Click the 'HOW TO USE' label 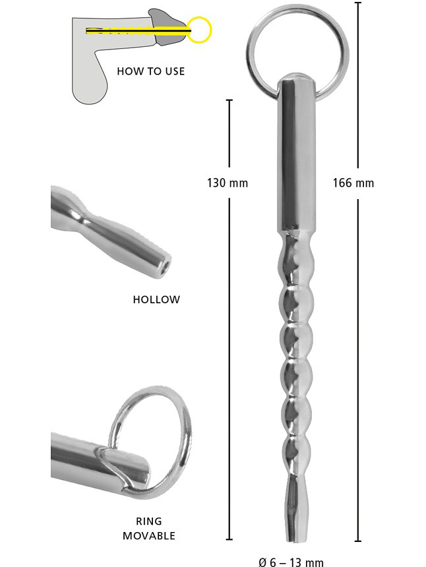click(x=150, y=71)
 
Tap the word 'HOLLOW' click(x=156, y=299)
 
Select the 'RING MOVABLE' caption click(x=148, y=528)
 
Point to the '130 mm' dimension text click(x=228, y=183)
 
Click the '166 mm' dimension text click(x=353, y=183)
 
